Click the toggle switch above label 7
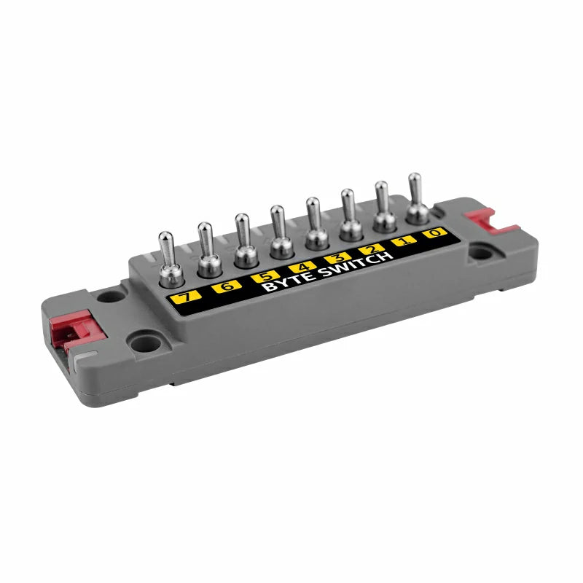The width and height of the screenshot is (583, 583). (x=171, y=260)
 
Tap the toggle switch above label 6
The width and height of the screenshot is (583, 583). (x=209, y=250)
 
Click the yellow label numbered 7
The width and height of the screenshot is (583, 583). (x=186, y=297)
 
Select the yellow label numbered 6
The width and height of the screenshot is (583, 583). (x=227, y=286)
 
